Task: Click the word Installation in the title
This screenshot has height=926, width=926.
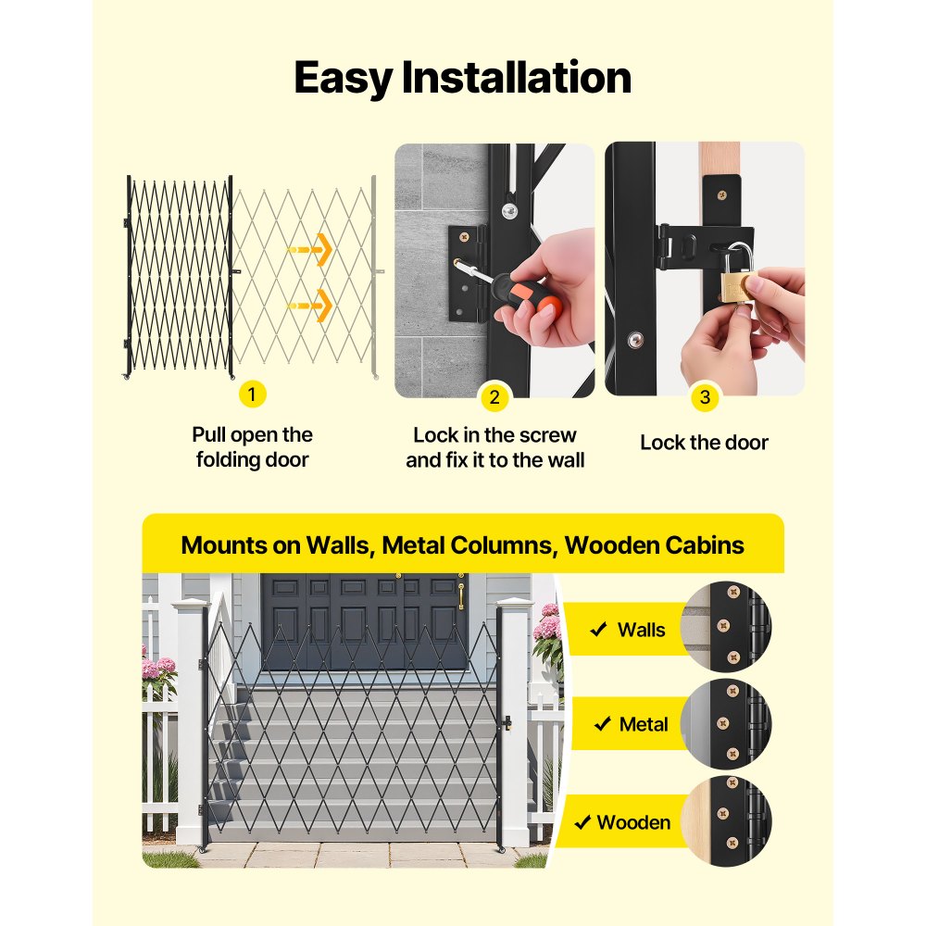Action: pos(516,78)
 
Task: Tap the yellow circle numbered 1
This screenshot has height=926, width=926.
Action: pos(252,394)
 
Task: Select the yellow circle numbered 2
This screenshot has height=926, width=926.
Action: pos(494,397)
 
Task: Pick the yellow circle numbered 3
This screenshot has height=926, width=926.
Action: pos(705,397)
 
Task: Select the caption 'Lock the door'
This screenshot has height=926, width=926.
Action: pos(704,443)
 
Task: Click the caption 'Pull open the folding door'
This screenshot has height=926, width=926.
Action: pos(252,447)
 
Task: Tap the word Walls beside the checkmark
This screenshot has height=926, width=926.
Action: pos(641,630)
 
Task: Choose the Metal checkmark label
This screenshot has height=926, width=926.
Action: pos(644,724)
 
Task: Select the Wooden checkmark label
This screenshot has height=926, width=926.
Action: pos(633,822)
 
